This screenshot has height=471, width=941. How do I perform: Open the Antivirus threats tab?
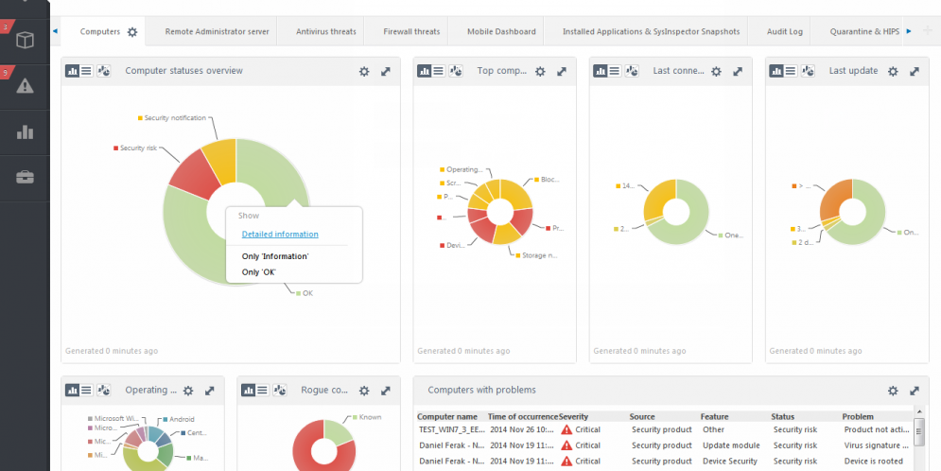(x=325, y=32)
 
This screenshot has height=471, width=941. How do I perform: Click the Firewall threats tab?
(x=411, y=32)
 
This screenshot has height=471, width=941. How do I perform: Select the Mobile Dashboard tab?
(x=501, y=32)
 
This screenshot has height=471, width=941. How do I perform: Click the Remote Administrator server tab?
(x=217, y=32)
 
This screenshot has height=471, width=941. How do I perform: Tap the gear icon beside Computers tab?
(x=132, y=32)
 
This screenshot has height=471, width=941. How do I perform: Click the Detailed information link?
(x=280, y=235)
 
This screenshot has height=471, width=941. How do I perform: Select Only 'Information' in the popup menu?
(x=275, y=256)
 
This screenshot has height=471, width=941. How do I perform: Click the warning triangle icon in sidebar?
(x=26, y=86)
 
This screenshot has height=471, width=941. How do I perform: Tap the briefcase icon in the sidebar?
(x=26, y=177)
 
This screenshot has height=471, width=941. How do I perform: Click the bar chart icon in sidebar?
(x=26, y=132)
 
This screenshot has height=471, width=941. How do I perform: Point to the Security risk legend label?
(x=138, y=148)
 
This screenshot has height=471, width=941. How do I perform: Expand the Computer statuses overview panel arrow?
(x=386, y=72)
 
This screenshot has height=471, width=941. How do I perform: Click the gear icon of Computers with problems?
(x=893, y=391)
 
